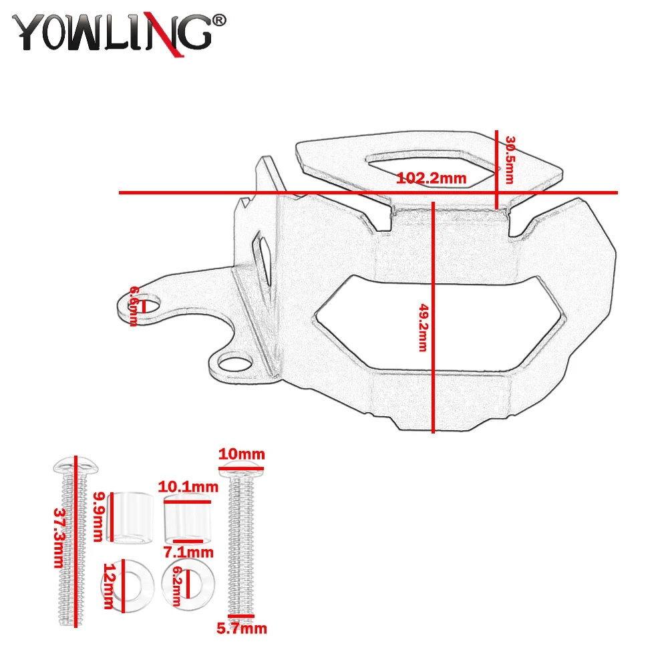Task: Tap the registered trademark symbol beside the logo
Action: pos(219,21)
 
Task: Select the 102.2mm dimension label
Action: pos(431,178)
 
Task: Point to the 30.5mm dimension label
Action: pos(510,160)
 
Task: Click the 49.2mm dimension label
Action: pos(423,327)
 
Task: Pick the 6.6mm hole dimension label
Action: pos(134,306)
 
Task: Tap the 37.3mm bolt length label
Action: pos(60,538)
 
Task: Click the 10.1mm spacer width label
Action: pos(188,486)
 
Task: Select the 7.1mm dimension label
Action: pos(189,552)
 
